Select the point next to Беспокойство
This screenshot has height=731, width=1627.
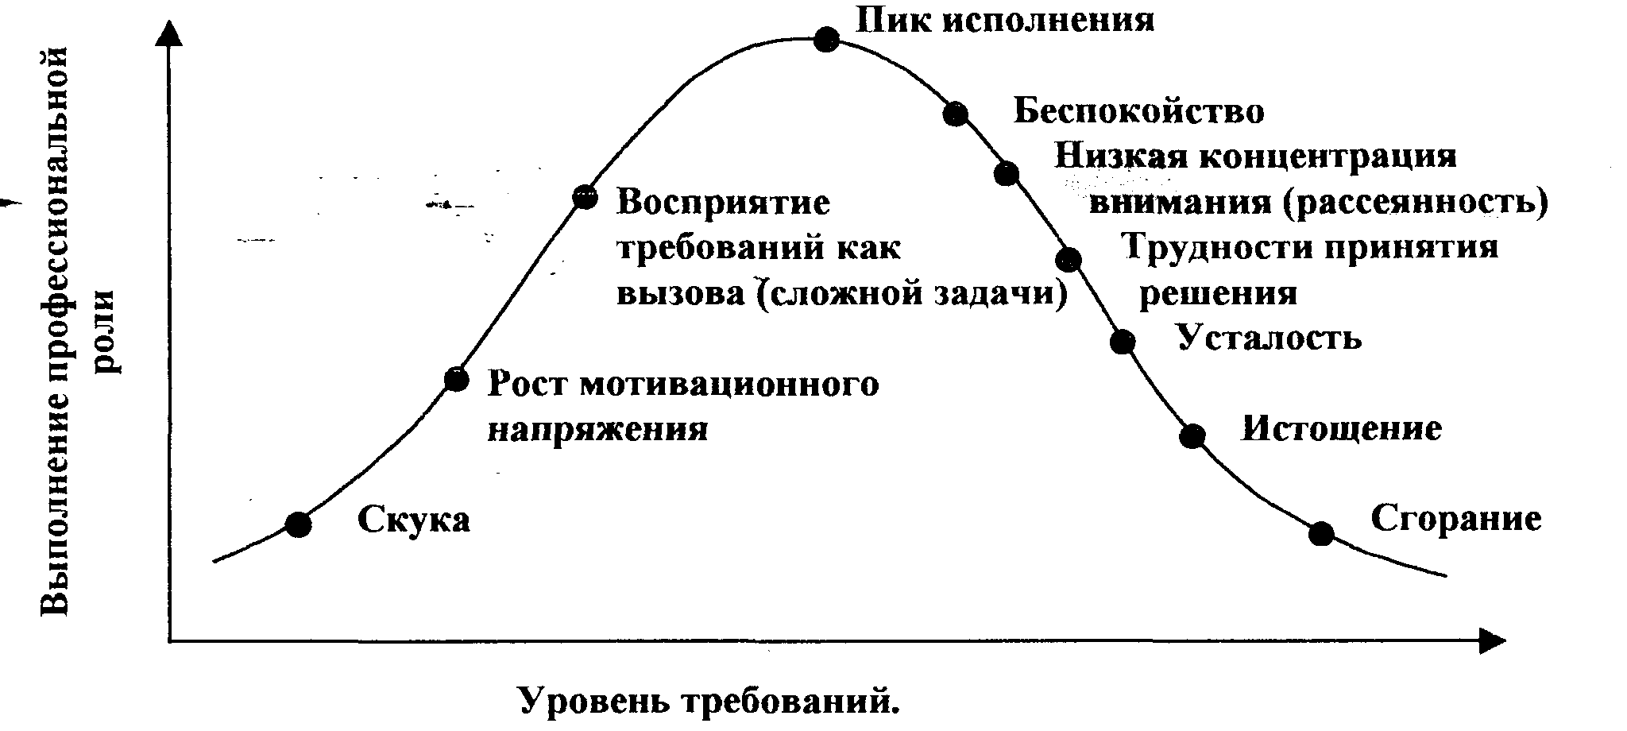956,114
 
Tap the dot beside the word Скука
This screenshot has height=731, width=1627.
298,524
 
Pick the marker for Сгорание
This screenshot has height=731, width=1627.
1320,533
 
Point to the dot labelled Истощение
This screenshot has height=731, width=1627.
1192,435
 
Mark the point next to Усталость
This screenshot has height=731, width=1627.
1122,342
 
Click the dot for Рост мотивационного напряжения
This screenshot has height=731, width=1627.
456,379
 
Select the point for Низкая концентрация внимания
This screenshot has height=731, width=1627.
1007,173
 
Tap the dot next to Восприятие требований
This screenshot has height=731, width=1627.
585,196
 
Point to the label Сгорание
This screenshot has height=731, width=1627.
1455,519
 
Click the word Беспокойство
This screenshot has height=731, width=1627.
1138,112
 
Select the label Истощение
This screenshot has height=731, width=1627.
1341,429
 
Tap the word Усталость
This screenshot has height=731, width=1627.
1269,338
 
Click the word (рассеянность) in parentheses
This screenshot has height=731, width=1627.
1415,202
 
